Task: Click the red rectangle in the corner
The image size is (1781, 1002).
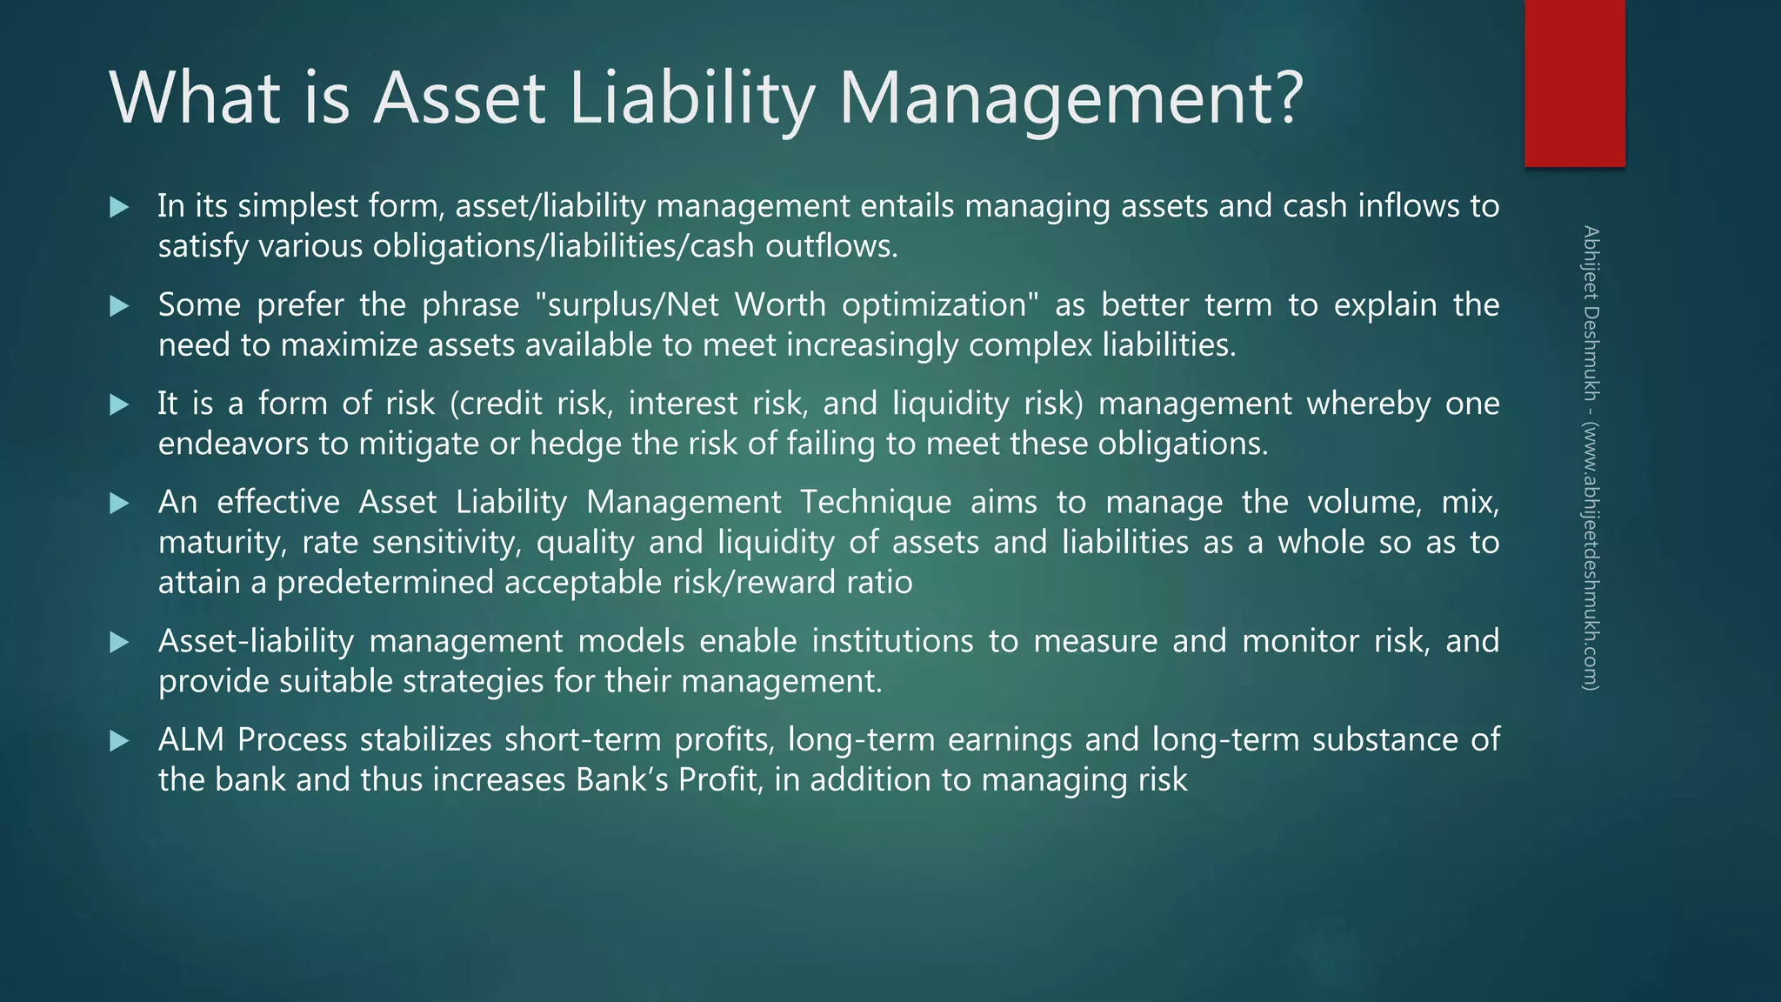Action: coord(1574,83)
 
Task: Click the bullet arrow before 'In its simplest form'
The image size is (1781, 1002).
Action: coord(120,207)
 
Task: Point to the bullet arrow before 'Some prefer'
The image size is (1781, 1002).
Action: coord(120,306)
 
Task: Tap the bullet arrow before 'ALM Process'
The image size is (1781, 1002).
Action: coord(120,741)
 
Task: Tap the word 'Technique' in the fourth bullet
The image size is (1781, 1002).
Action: coord(876,503)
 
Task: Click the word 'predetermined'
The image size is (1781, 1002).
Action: coord(385,583)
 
